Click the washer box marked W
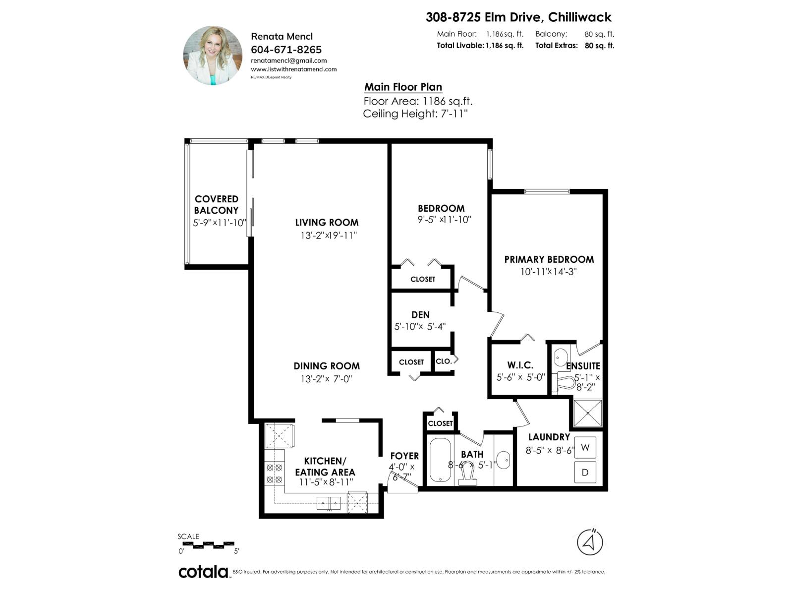click(585, 448)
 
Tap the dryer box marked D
click(585, 472)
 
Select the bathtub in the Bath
click(440, 460)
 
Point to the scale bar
click(206, 545)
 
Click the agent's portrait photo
click(213, 56)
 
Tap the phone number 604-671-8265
click(286, 50)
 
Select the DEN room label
click(420, 315)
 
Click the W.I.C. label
click(520, 365)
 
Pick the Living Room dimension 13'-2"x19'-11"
click(328, 236)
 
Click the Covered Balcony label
click(216, 204)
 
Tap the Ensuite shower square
click(588, 413)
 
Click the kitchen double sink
click(329, 503)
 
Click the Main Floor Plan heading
click(403, 87)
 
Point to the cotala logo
click(203, 572)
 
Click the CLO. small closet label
click(444, 361)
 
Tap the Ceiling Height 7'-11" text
click(415, 114)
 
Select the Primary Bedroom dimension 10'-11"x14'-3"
click(548, 272)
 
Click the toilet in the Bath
click(467, 477)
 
